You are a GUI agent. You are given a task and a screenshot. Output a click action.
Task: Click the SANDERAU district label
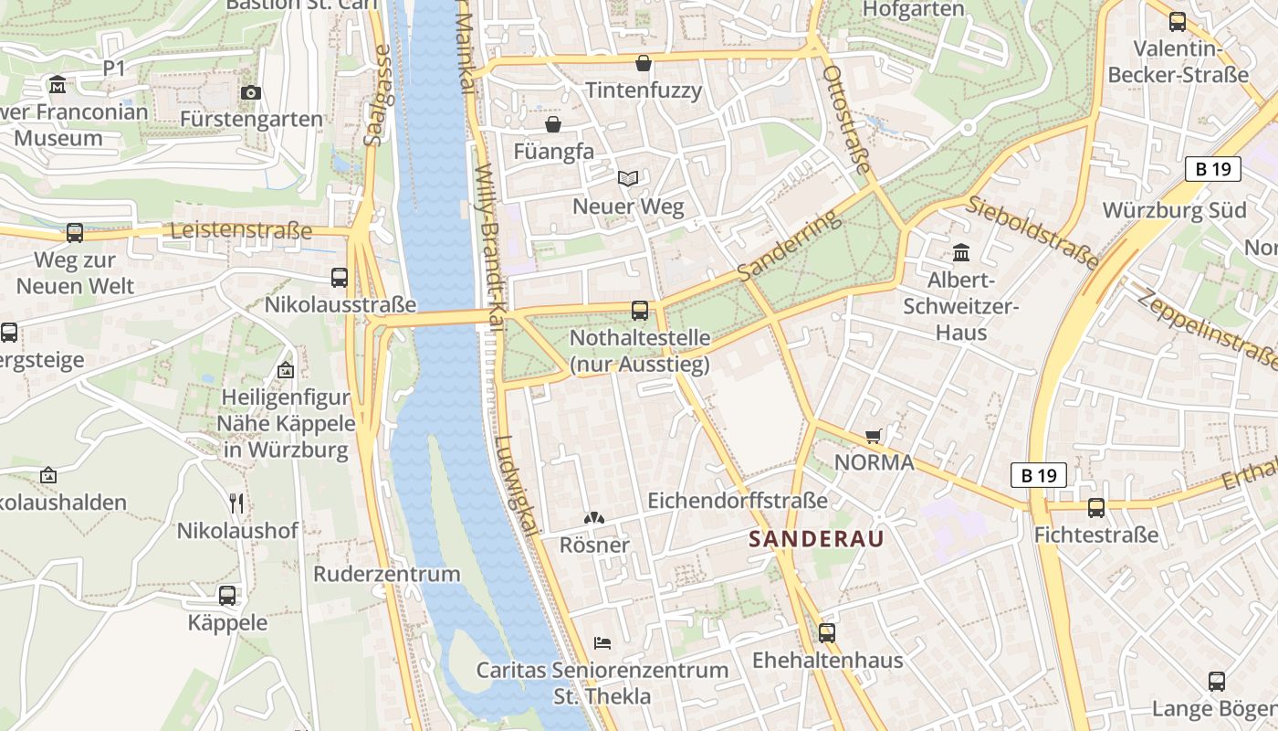click(x=816, y=539)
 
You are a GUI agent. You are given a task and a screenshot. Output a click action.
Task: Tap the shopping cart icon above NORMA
click(x=874, y=437)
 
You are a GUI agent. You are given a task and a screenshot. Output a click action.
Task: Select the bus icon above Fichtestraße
click(x=1096, y=508)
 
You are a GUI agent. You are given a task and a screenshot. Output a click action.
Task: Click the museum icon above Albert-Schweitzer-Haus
click(x=960, y=252)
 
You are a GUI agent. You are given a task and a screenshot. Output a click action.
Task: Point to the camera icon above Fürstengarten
click(x=250, y=92)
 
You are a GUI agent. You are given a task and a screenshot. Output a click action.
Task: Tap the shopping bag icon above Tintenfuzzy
click(x=644, y=63)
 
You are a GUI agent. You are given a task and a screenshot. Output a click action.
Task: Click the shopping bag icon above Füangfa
click(x=553, y=124)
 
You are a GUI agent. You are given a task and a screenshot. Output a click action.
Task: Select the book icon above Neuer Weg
click(x=627, y=179)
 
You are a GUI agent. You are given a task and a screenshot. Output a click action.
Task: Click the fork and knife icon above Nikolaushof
click(x=236, y=503)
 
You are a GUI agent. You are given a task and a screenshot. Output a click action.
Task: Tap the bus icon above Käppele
click(x=227, y=596)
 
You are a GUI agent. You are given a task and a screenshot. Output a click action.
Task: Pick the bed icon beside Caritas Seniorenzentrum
click(x=602, y=642)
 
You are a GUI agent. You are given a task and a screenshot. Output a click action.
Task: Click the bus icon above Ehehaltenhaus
click(x=827, y=632)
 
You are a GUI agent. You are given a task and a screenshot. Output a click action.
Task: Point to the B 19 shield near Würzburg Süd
click(x=1213, y=169)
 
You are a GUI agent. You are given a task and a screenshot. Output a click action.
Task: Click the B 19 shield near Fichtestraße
click(x=1039, y=475)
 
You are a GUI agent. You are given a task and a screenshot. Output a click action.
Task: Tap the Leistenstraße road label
click(x=241, y=230)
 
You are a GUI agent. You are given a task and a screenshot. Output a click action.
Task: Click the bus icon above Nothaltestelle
click(x=640, y=311)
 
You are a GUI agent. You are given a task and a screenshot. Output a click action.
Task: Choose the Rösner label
click(x=594, y=546)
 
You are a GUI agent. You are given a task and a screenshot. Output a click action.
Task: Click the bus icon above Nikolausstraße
click(x=340, y=278)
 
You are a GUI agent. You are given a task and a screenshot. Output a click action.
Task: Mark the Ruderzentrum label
click(x=387, y=574)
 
